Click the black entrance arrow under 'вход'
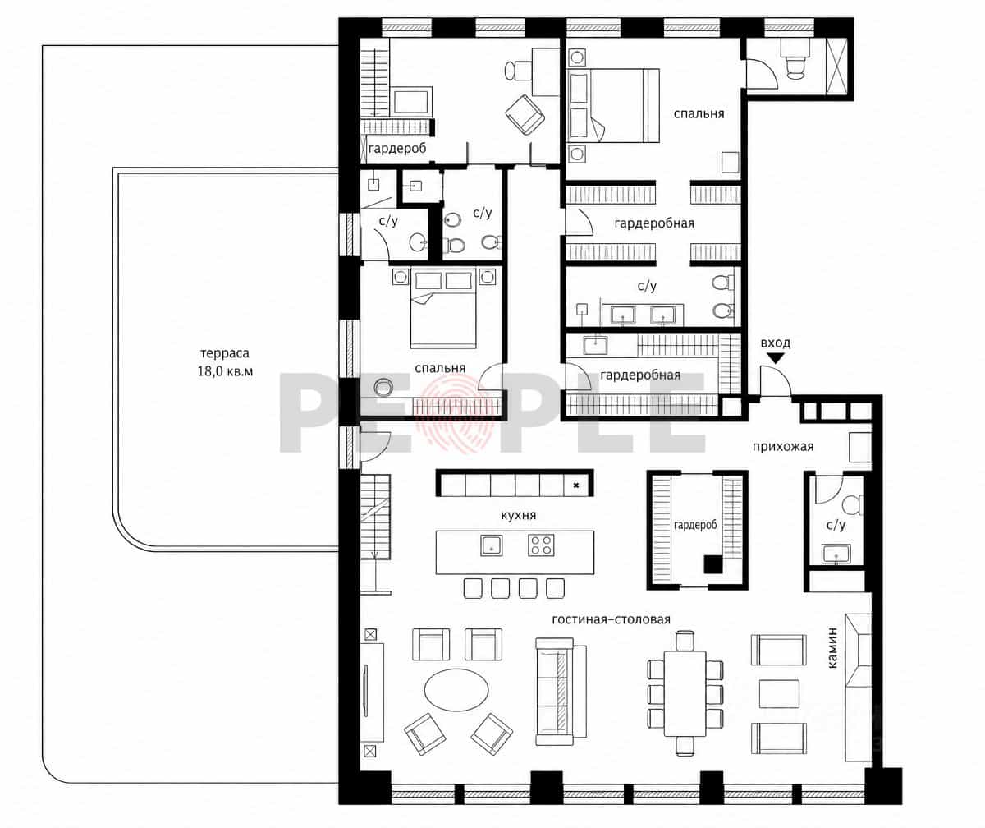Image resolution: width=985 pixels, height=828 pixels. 776,358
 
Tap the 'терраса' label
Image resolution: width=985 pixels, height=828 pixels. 225,353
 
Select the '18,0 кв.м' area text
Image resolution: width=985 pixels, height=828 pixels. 225,371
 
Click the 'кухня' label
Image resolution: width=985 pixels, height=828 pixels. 519,515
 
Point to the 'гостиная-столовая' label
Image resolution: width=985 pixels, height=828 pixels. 611,619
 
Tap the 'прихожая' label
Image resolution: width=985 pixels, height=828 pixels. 783,447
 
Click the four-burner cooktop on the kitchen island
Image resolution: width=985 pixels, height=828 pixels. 541,545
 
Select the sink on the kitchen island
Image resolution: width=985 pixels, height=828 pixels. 491,545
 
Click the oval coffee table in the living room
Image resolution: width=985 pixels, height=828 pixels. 456,692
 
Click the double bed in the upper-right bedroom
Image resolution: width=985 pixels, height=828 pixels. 613,105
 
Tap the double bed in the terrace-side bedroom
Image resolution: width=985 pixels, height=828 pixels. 443,308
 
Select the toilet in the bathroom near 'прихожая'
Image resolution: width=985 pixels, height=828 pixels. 854,504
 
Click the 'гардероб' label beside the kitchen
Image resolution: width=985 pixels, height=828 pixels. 695,525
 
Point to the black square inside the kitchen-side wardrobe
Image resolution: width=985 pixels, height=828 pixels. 713,564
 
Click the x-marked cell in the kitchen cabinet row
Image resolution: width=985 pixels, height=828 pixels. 576,485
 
